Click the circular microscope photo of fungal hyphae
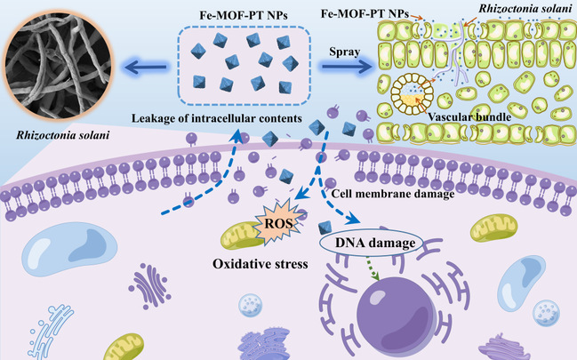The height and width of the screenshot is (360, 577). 51,66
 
